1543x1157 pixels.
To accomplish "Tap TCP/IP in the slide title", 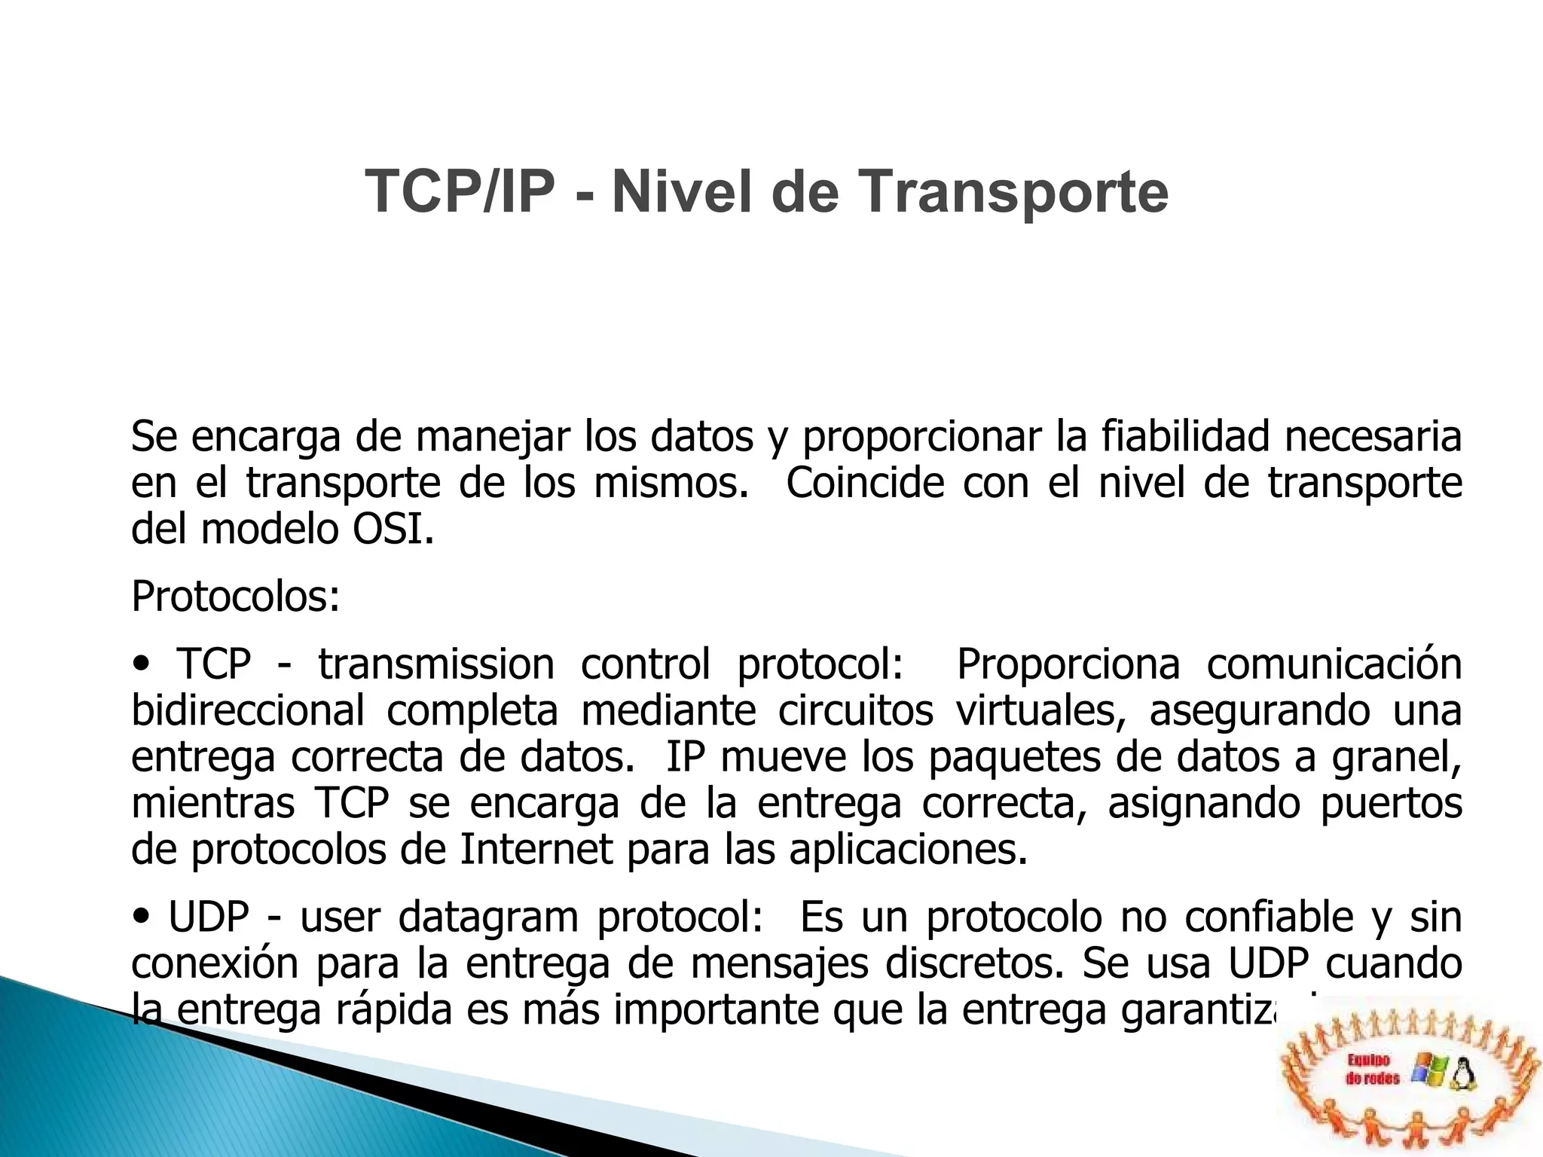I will (x=460, y=192).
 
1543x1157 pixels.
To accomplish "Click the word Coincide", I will (x=865, y=484).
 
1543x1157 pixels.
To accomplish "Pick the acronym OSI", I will (x=392, y=530).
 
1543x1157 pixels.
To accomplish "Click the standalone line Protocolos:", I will (x=236, y=597).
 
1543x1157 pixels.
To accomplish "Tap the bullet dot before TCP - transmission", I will (x=141, y=664).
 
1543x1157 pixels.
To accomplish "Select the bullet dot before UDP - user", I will (x=141, y=917).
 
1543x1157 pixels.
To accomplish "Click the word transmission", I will (x=436, y=664).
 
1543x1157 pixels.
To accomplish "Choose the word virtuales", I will (x=1040, y=711).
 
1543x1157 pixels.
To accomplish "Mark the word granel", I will (x=1396, y=758).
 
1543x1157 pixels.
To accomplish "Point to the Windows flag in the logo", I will (x=1428, y=1070).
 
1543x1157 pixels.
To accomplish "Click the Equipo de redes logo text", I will (x=1372, y=1070).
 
